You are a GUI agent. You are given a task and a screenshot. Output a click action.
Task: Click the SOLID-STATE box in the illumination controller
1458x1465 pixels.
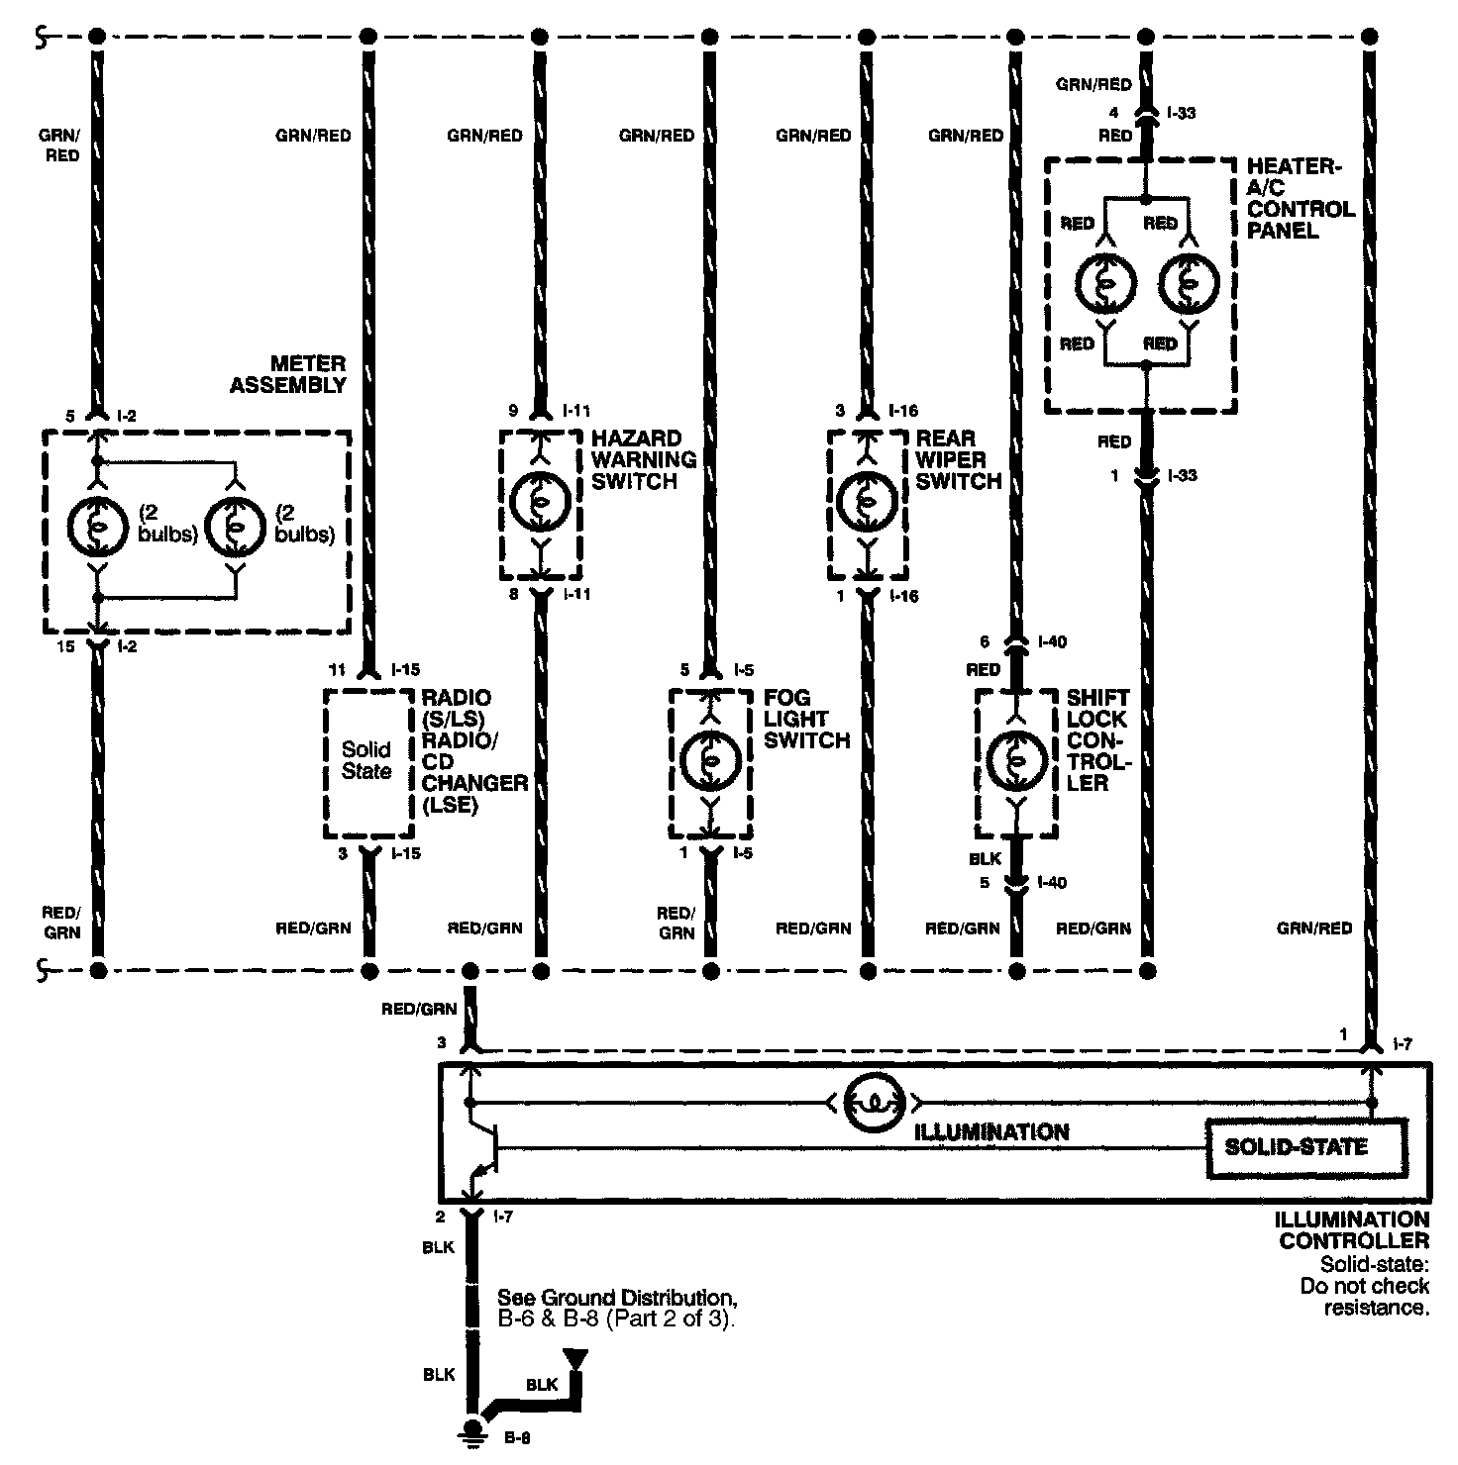click(1305, 1148)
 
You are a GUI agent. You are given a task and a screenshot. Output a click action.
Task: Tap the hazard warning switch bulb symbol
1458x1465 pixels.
click(540, 502)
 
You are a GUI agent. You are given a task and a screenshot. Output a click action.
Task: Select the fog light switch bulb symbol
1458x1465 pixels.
click(710, 759)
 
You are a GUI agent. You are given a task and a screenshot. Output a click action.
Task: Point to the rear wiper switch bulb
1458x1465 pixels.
click(868, 502)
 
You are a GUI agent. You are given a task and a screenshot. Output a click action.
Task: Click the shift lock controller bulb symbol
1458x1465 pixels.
click(1016, 759)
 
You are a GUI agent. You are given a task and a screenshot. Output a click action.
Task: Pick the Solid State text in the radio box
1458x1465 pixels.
click(366, 759)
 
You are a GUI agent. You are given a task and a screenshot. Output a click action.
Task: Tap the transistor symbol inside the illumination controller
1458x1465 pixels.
click(486, 1148)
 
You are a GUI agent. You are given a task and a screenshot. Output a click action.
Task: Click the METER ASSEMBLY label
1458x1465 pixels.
click(288, 374)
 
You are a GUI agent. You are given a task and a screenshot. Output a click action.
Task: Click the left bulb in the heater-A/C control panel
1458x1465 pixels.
click(1104, 283)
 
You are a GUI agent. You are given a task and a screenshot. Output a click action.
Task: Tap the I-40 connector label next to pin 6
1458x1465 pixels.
click(1052, 642)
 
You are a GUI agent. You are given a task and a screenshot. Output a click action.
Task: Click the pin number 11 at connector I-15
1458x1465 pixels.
click(344, 670)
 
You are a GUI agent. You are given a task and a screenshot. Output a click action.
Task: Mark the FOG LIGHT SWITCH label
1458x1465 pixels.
click(807, 719)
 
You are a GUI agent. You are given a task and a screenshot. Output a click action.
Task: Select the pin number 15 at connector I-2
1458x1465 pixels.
click(67, 647)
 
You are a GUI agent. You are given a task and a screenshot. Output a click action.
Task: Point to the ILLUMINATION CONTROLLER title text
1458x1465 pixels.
click(1353, 1230)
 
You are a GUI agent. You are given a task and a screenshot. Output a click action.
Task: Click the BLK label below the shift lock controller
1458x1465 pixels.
click(986, 859)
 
